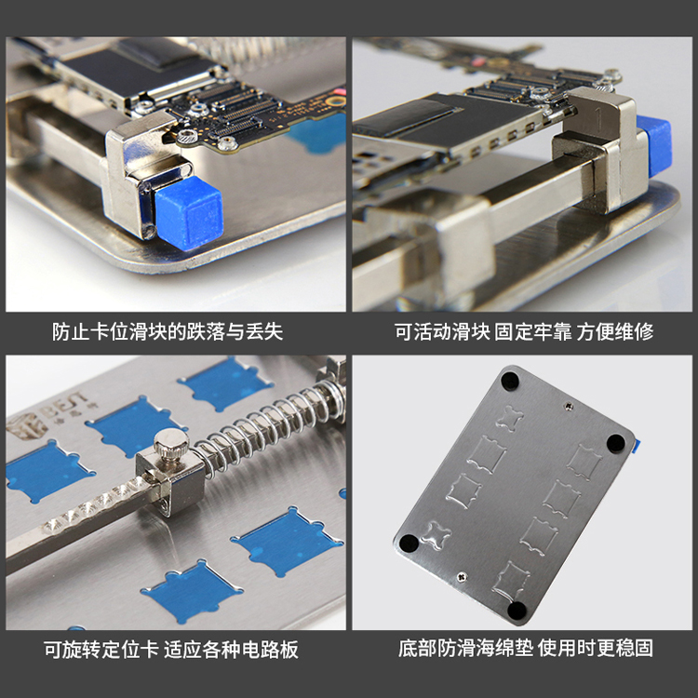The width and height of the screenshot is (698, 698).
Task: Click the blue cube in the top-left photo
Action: (x=189, y=212)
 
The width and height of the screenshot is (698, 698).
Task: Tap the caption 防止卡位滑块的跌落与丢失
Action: (x=168, y=332)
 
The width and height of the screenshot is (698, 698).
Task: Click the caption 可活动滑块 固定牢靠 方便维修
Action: (x=523, y=332)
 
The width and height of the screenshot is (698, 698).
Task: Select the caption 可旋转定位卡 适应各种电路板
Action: (x=171, y=650)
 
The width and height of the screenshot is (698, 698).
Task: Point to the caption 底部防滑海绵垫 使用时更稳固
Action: (x=525, y=648)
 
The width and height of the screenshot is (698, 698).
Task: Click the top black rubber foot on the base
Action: (x=509, y=381)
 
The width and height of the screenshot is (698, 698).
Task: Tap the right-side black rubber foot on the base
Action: (x=616, y=443)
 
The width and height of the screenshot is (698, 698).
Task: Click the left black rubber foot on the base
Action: (x=409, y=544)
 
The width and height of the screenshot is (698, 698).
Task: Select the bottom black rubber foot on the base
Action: (x=517, y=611)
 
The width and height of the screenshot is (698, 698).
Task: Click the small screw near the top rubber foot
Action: (x=569, y=406)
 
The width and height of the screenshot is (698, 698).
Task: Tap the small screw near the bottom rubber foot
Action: (x=463, y=577)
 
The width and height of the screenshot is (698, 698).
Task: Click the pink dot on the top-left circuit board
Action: (x=342, y=92)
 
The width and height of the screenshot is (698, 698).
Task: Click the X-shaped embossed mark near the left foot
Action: (x=436, y=534)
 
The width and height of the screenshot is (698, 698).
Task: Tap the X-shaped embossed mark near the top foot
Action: (x=510, y=419)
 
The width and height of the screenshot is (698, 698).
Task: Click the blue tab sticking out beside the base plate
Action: (x=637, y=445)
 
